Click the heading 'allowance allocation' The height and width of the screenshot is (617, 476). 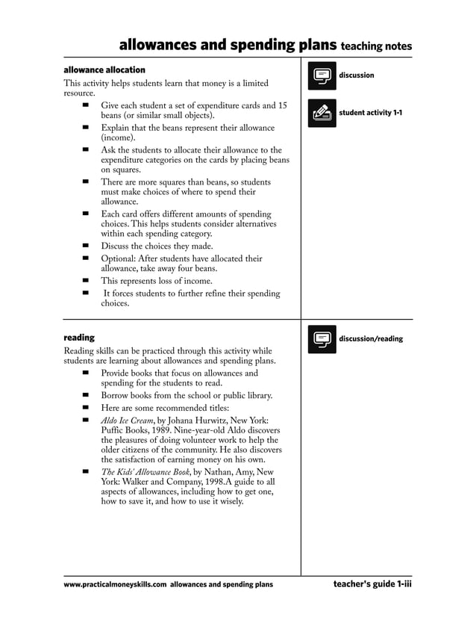point(104,69)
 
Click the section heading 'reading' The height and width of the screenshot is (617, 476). point(79,338)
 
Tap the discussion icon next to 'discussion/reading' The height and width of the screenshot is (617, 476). point(322,339)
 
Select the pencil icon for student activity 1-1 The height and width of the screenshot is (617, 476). point(322,113)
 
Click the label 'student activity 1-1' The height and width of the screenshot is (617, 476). point(370,113)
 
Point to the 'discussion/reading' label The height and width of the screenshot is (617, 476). point(370,339)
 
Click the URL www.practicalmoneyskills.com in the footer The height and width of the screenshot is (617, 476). point(115,584)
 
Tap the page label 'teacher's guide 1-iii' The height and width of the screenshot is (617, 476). point(372,584)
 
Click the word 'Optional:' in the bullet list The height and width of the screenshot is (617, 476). point(121,259)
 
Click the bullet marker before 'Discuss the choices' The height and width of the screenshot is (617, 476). point(86,245)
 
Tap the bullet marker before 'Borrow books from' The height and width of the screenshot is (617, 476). point(86,395)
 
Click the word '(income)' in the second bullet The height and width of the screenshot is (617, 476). point(118,138)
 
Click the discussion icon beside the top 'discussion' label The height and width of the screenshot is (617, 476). point(322,76)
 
